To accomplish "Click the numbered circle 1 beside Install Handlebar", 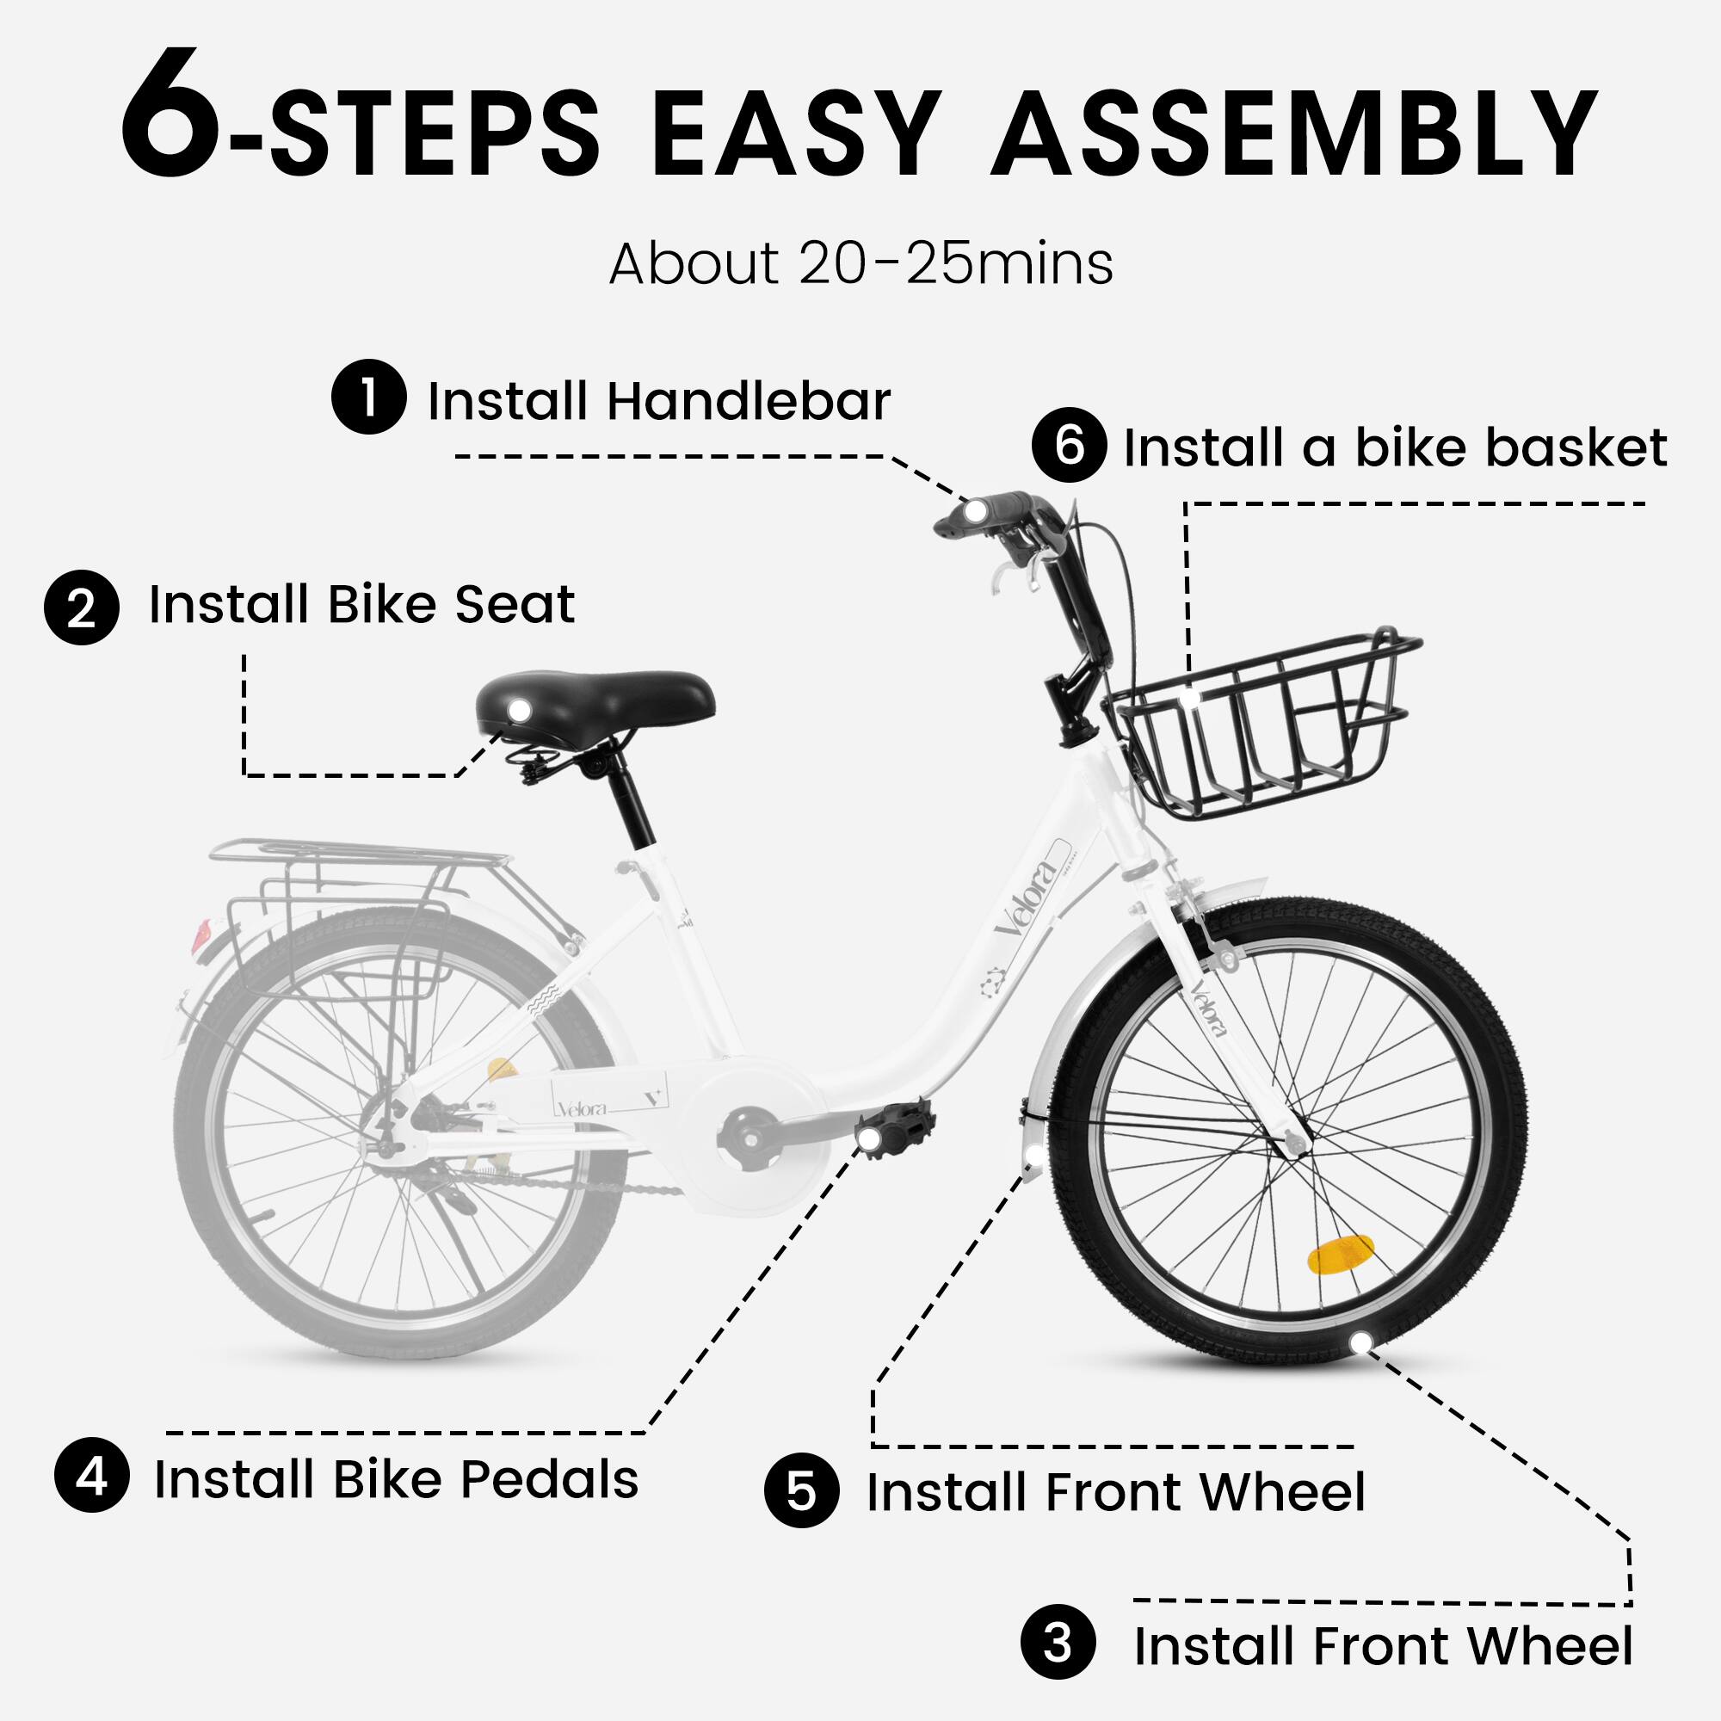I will click(x=369, y=397).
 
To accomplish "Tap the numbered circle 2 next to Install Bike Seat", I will click(x=81, y=608).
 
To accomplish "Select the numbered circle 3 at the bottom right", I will click(x=1058, y=1642).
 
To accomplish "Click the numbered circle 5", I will click(x=801, y=1490).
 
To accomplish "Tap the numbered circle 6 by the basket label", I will click(x=1069, y=445).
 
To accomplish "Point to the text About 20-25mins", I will click(x=860, y=264).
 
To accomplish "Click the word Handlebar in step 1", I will click(x=749, y=401).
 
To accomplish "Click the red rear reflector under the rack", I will click(x=201, y=935).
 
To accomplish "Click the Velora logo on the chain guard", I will click(x=583, y=1108).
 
